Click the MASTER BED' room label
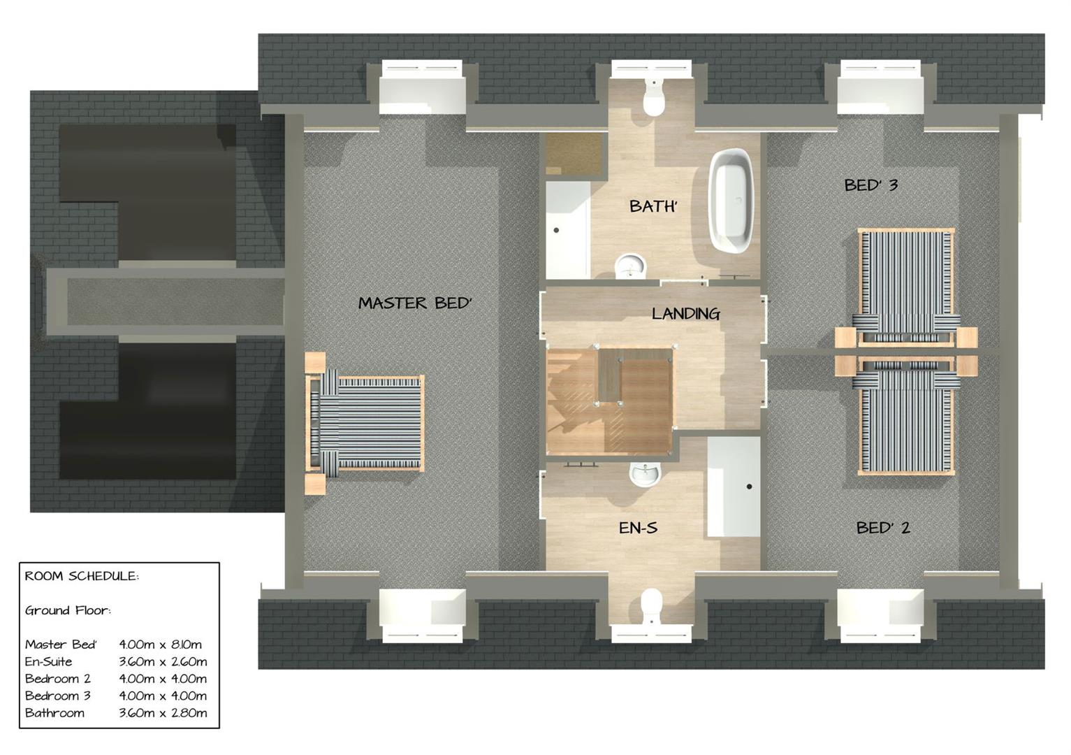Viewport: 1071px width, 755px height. click(x=415, y=303)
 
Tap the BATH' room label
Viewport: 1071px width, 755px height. click(x=653, y=206)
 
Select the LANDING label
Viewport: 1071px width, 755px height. click(x=685, y=314)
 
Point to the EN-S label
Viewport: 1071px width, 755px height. click(x=638, y=528)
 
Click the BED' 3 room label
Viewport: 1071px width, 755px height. click(x=870, y=185)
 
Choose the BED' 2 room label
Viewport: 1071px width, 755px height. click(x=883, y=528)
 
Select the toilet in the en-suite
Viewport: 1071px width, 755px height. click(x=651, y=605)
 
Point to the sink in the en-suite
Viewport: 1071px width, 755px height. click(x=643, y=474)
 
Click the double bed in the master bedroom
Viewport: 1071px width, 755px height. click(x=367, y=424)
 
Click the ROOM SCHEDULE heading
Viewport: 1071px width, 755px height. click(x=82, y=577)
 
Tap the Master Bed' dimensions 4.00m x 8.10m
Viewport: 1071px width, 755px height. click(x=161, y=645)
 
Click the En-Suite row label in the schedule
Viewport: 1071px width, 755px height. click(x=48, y=662)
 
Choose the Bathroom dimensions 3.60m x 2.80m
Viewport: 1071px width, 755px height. click(x=163, y=713)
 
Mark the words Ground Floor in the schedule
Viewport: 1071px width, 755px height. click(x=68, y=610)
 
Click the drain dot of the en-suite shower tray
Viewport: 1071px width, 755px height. click(x=749, y=487)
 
